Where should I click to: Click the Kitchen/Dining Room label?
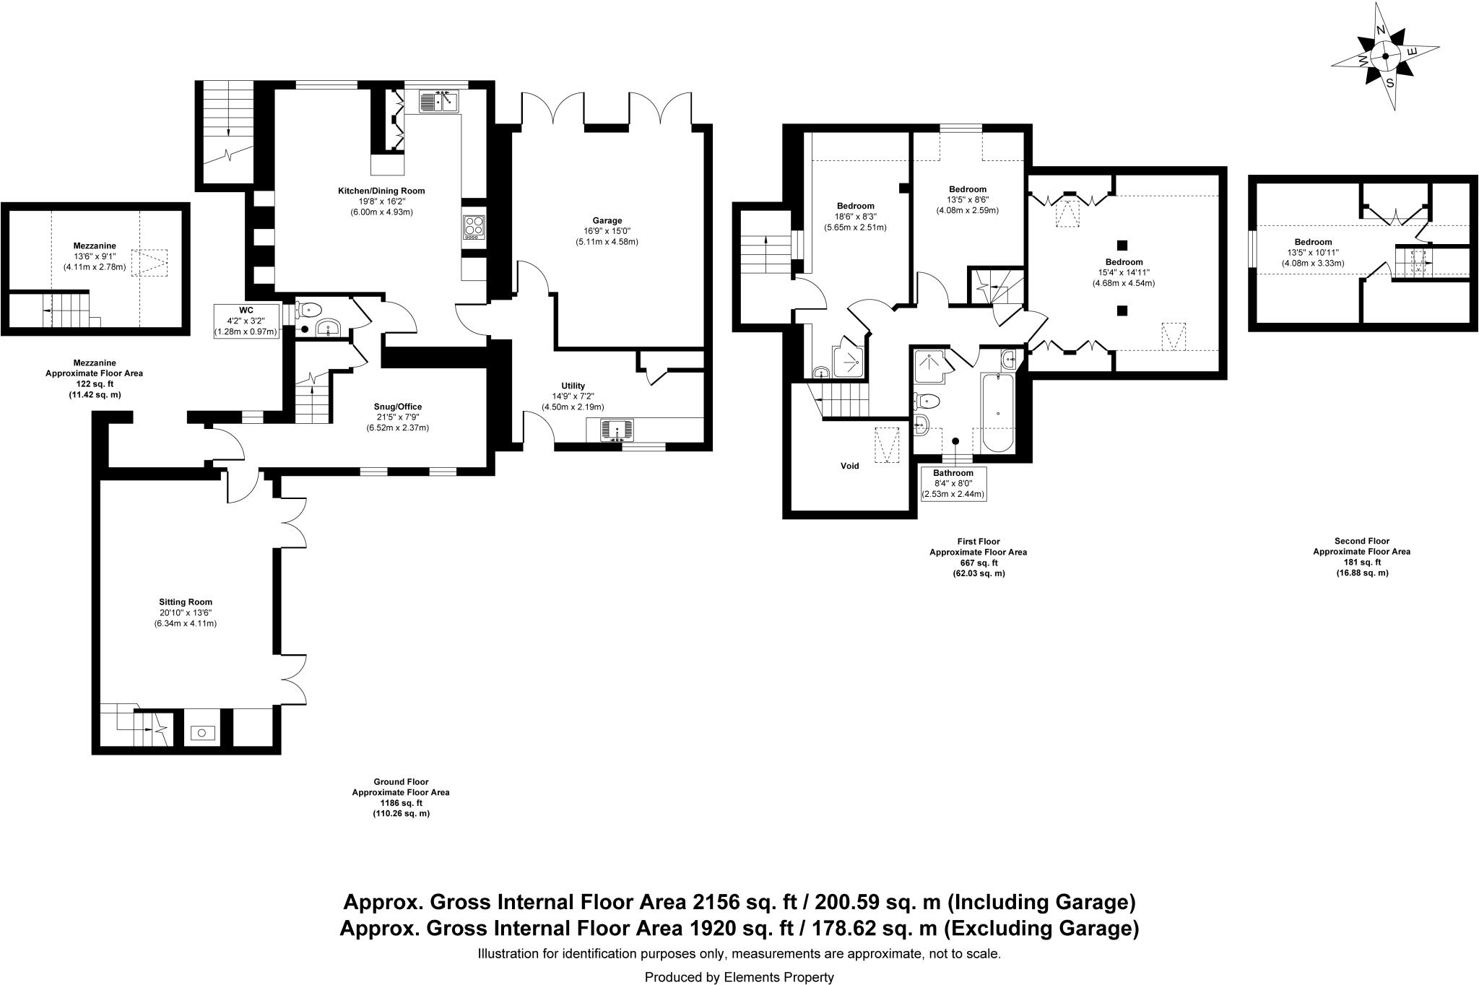pyautogui.click(x=381, y=191)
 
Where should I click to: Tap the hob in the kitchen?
pyautogui.click(x=474, y=227)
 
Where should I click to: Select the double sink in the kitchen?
pyautogui.click(x=439, y=102)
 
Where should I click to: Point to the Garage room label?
pyautogui.click(x=607, y=220)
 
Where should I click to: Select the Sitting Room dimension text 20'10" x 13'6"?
pyautogui.click(x=186, y=612)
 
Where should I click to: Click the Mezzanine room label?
pyautogui.click(x=95, y=246)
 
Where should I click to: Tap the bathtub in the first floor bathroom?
pyautogui.click(x=997, y=412)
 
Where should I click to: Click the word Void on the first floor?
pyautogui.click(x=849, y=466)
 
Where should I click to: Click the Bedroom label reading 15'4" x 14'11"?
pyautogui.click(x=1124, y=272)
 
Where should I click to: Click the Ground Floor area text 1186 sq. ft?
pyautogui.click(x=401, y=802)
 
